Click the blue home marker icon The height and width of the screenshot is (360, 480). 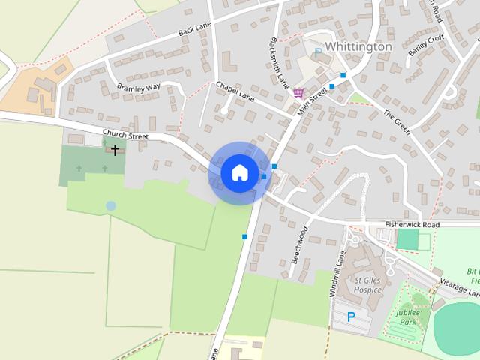(239, 172)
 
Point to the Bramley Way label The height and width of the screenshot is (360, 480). (139, 88)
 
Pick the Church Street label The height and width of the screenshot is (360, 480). (127, 136)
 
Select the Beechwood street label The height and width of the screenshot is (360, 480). (299, 244)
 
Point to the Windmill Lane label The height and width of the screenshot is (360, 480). (337, 273)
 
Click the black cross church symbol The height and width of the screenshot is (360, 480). (115, 150)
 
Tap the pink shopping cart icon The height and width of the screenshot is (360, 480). (299, 92)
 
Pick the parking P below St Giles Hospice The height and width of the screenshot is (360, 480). (350, 317)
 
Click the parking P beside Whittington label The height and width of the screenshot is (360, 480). (318, 52)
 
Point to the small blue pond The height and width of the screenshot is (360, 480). (111, 205)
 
